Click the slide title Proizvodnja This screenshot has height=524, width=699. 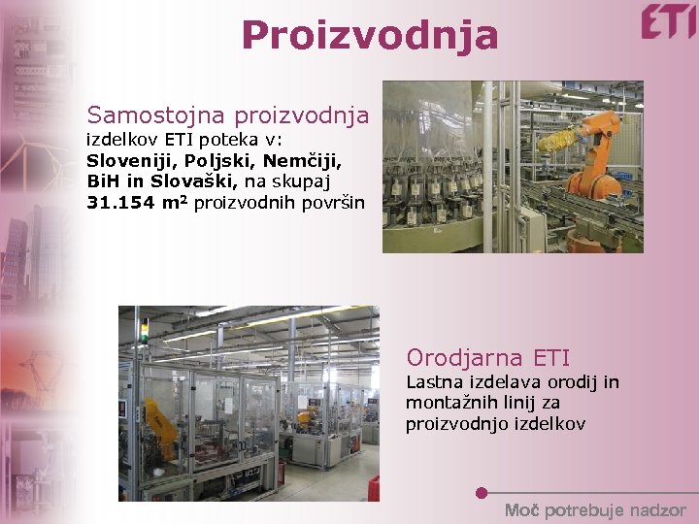pos(370,35)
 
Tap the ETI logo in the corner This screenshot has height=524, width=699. pos(668,21)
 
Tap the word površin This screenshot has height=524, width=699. pos(333,202)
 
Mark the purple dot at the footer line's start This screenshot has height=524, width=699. pos(482,493)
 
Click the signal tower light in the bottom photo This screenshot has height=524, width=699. pos(145,329)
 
